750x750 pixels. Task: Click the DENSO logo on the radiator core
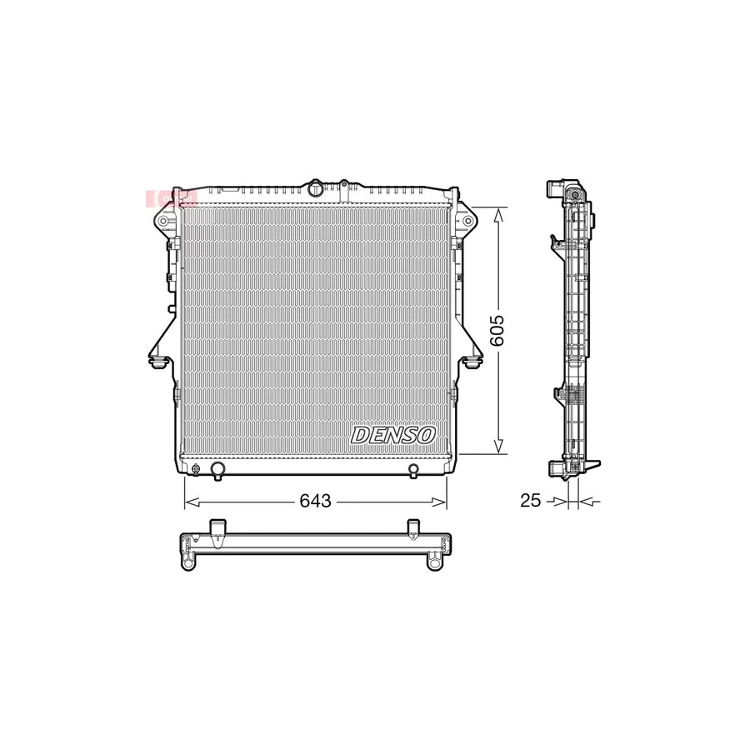click(x=393, y=434)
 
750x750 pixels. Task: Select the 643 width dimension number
click(x=317, y=501)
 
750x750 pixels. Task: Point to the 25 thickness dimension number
click(x=530, y=500)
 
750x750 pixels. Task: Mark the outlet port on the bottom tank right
click(x=412, y=470)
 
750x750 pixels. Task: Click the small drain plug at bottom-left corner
click(x=196, y=468)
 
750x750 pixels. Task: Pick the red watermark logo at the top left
click(x=170, y=198)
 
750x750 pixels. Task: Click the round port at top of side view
click(x=573, y=197)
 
